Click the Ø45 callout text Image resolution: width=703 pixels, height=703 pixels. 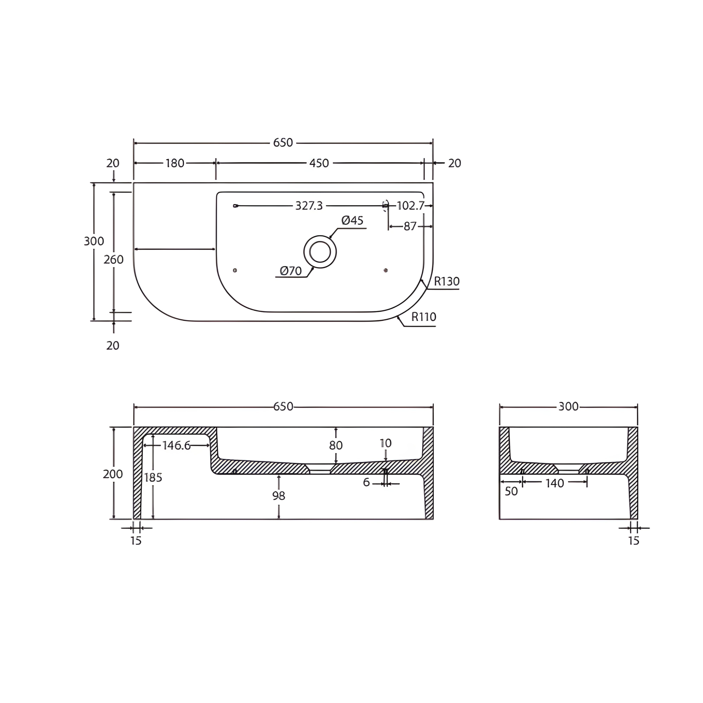[x=352, y=221]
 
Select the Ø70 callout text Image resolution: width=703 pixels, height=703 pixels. [x=291, y=271]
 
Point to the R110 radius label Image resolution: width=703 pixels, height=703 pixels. [x=424, y=317]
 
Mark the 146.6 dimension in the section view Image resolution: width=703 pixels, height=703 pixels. [x=176, y=445]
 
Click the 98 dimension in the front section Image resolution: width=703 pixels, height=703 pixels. [x=279, y=496]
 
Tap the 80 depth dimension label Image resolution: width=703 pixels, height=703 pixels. [x=336, y=445]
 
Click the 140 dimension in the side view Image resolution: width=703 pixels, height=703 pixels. [x=554, y=483]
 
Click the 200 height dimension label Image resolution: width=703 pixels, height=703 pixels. [x=113, y=474]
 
